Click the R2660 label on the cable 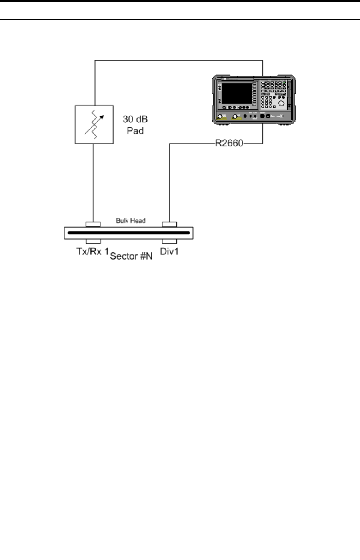[229, 143]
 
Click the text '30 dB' [135, 120]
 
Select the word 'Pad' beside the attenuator [135, 130]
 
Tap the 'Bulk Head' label [131, 220]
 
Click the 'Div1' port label [169, 252]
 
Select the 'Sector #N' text [131, 256]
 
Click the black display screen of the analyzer [237, 93]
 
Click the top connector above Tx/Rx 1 [93, 224]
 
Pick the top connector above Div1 [169, 224]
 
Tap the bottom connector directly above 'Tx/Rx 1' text [93, 241]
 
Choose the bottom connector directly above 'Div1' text [169, 241]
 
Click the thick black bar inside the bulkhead [128, 233]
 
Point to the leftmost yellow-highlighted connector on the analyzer [220, 116]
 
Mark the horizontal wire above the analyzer [178, 61]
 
